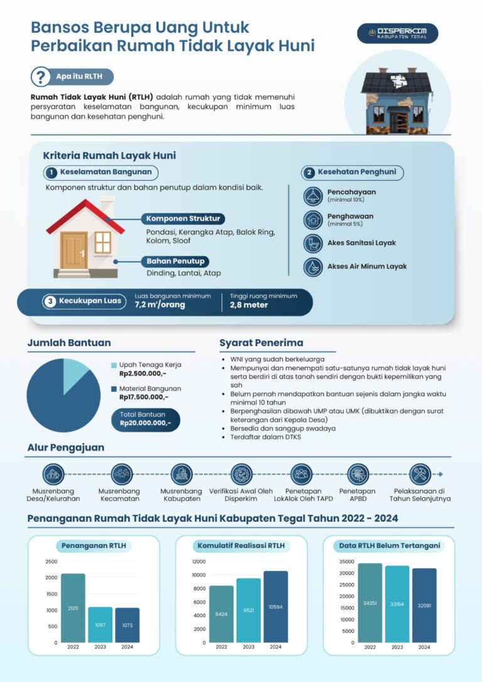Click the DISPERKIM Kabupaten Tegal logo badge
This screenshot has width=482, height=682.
coord(397,33)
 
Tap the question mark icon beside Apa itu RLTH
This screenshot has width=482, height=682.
coord(41,77)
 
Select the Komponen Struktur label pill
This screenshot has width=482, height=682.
coord(183,219)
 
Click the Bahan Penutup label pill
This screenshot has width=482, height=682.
coord(175,261)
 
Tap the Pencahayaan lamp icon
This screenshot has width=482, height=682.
coord(312,196)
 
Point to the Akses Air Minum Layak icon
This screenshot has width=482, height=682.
coord(312,266)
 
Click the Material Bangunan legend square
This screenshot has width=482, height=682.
coord(114,389)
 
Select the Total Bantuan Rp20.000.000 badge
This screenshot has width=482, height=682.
coord(145,419)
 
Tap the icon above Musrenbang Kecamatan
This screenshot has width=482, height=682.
coord(120,474)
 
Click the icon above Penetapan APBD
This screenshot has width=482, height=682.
coord(358,474)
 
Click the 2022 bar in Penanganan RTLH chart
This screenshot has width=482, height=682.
coord(73,608)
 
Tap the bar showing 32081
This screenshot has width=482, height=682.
coord(424,605)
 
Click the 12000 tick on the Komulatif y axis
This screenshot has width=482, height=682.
coord(198,561)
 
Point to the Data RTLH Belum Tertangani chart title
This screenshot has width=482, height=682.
coord(389,546)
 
